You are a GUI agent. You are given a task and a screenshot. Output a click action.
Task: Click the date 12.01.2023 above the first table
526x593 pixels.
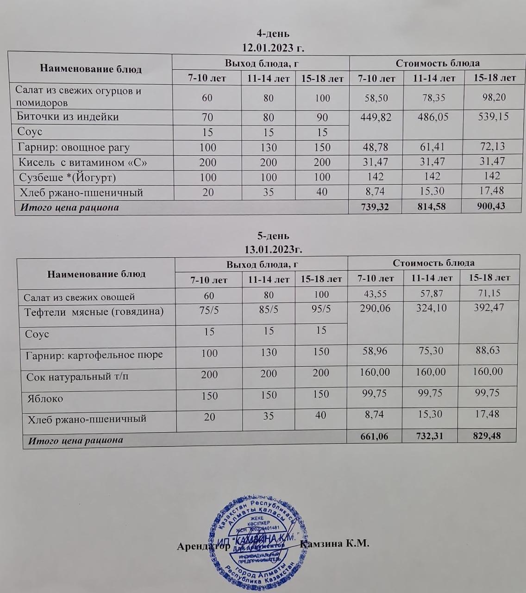(x=273, y=47)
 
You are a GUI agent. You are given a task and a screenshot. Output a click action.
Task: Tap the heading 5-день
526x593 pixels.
(x=273, y=236)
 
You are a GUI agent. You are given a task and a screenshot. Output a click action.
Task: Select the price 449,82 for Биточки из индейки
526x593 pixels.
(x=375, y=117)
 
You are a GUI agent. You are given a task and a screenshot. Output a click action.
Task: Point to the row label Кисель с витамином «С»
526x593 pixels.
(x=83, y=163)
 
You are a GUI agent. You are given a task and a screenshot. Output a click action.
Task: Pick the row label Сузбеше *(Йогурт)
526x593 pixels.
(x=67, y=177)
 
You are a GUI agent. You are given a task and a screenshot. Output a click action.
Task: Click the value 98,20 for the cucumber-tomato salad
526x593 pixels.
(x=494, y=97)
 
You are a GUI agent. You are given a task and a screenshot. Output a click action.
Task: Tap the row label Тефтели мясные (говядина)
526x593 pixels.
(x=94, y=311)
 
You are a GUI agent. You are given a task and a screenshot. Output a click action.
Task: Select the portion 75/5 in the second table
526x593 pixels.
(x=209, y=310)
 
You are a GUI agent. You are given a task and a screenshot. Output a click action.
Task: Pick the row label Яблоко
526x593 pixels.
(x=45, y=398)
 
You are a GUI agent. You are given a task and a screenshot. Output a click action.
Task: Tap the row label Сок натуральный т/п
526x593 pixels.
(x=77, y=377)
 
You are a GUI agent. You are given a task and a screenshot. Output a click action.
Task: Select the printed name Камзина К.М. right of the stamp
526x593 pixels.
(x=334, y=543)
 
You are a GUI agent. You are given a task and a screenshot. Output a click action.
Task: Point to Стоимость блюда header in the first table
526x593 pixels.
(x=438, y=63)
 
